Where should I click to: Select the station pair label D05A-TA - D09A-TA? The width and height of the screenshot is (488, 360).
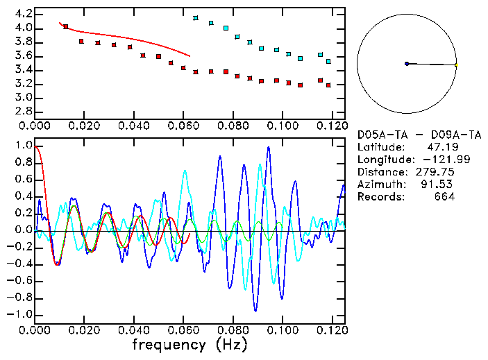coord(419,135)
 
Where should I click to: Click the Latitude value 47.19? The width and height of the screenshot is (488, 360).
coord(440,147)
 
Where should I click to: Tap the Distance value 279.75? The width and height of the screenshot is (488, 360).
coord(435,172)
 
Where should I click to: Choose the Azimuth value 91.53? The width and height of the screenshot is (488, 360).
coord(440,185)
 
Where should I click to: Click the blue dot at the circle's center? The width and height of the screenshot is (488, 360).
coord(407,64)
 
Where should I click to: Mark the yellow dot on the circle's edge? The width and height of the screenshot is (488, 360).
coord(456,65)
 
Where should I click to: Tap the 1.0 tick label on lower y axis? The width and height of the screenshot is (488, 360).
coord(23,146)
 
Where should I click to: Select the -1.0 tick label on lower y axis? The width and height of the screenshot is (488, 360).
coord(21,314)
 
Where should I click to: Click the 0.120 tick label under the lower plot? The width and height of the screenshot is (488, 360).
coord(333,329)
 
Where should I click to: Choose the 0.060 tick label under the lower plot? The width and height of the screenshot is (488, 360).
coord(183,329)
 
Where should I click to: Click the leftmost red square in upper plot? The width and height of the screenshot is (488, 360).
coord(66,27)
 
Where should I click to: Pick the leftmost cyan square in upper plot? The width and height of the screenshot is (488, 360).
coord(196,18)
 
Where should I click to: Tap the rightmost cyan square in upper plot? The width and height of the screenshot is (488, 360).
coord(328,62)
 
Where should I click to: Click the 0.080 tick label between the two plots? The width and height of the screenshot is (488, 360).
coord(233,126)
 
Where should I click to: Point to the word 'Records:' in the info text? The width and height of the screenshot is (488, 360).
coord(380,197)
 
